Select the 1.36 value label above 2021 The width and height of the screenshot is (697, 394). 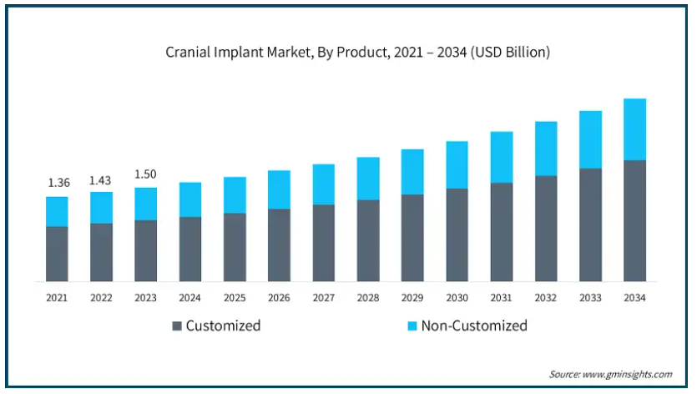(x=58, y=183)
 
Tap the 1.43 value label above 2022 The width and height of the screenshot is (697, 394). (x=102, y=179)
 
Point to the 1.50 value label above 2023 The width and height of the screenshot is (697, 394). (x=146, y=174)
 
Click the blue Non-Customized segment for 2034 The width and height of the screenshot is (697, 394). (x=635, y=129)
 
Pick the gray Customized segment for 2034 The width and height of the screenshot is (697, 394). (x=635, y=220)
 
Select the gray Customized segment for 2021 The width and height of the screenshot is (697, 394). (x=58, y=254)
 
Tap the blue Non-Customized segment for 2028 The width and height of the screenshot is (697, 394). (x=368, y=179)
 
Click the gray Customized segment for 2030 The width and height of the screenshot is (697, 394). (x=457, y=235)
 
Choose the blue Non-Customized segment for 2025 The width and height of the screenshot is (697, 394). (x=235, y=195)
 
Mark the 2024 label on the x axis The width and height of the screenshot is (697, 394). (x=190, y=298)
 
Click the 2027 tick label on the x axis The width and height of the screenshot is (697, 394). (x=324, y=298)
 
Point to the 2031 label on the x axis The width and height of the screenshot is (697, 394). (x=502, y=298)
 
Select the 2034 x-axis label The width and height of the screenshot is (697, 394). (x=635, y=298)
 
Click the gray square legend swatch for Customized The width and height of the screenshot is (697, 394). (x=177, y=326)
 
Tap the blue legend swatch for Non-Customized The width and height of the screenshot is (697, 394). (x=411, y=326)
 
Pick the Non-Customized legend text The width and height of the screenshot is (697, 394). (x=474, y=326)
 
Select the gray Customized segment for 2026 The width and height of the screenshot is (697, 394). (x=280, y=245)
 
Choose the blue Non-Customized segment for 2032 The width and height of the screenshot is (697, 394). (x=546, y=149)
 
